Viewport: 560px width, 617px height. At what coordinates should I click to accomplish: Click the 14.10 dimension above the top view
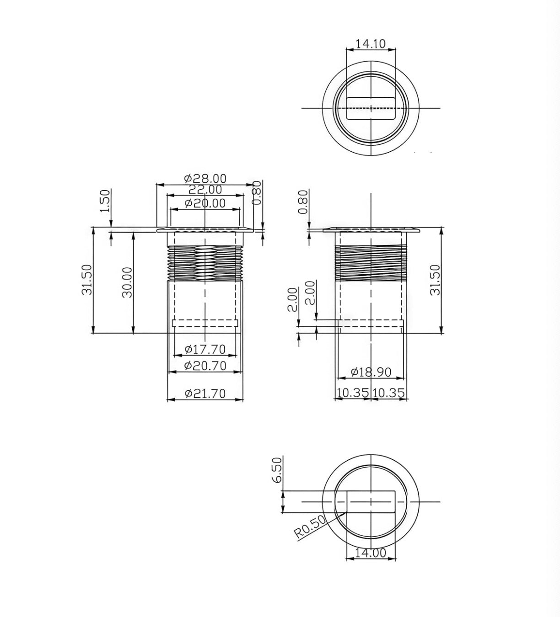[371, 44]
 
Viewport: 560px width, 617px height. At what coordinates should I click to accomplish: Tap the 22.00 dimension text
[205, 189]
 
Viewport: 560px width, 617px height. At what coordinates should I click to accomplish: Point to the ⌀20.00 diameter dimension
[205, 203]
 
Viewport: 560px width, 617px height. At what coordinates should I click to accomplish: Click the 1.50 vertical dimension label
[105, 201]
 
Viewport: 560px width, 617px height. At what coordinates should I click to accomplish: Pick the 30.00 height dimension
[128, 282]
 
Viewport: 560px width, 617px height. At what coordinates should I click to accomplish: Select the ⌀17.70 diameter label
[205, 350]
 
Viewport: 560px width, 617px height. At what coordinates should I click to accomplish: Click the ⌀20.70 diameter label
[205, 366]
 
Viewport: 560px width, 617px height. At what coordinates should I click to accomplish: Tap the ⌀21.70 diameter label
[205, 394]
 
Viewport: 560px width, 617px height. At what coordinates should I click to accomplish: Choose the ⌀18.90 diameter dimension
[371, 372]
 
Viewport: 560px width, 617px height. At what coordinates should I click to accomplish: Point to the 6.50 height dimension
[277, 471]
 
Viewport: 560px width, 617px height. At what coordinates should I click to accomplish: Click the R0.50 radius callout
[310, 527]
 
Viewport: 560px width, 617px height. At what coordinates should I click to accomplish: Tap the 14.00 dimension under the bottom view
[371, 553]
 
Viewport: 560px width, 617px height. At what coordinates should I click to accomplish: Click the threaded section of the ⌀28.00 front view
[205, 263]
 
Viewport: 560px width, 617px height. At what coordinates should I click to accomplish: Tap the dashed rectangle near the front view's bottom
[205, 323]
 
